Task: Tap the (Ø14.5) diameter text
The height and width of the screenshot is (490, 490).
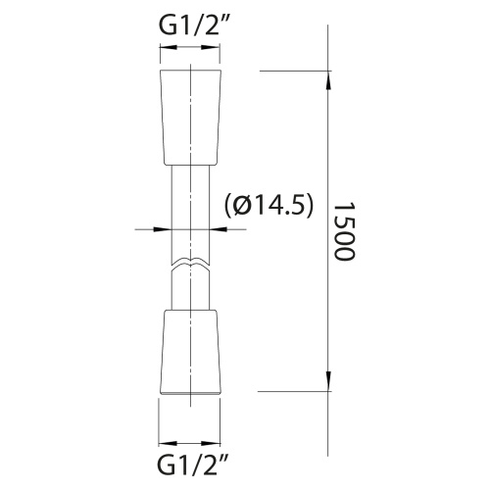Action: [269, 205]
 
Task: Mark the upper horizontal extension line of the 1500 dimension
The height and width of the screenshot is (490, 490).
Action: [294, 70]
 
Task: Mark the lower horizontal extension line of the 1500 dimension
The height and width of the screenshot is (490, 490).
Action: [294, 392]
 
